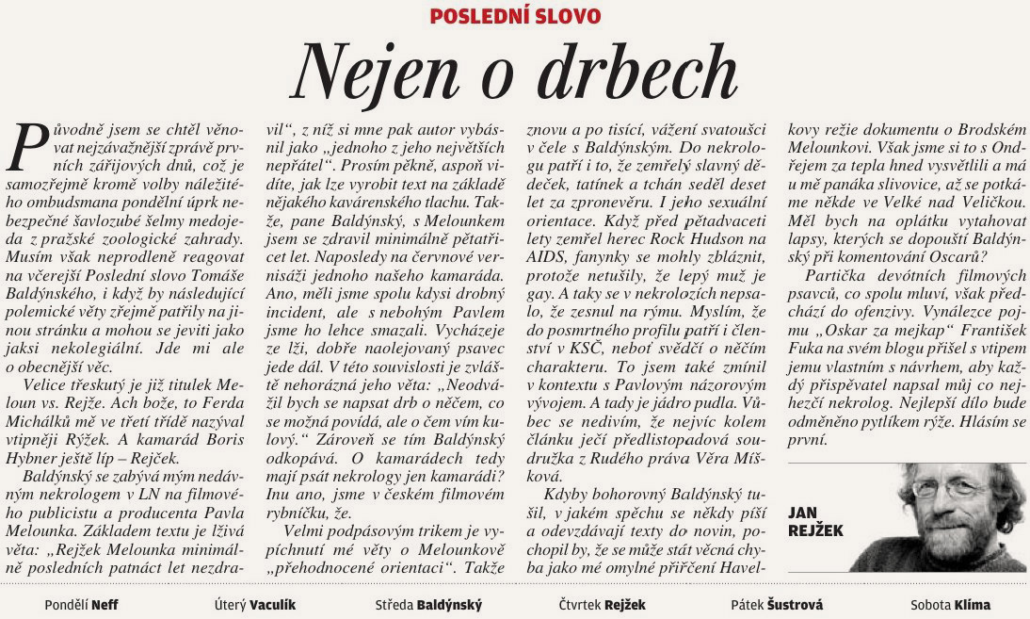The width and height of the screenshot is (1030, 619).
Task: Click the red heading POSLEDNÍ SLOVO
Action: pyautogui.click(x=515, y=16)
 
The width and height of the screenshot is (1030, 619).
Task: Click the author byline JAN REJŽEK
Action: pyautogui.click(x=815, y=522)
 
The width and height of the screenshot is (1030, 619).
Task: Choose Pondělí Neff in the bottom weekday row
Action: pyautogui.click(x=81, y=605)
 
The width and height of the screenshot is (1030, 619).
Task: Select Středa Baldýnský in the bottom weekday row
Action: pyautogui.click(x=428, y=605)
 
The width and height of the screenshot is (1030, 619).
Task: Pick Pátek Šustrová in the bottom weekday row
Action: pyautogui.click(x=776, y=605)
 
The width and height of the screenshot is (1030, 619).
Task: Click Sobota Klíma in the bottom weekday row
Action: pyautogui.click(x=950, y=605)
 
